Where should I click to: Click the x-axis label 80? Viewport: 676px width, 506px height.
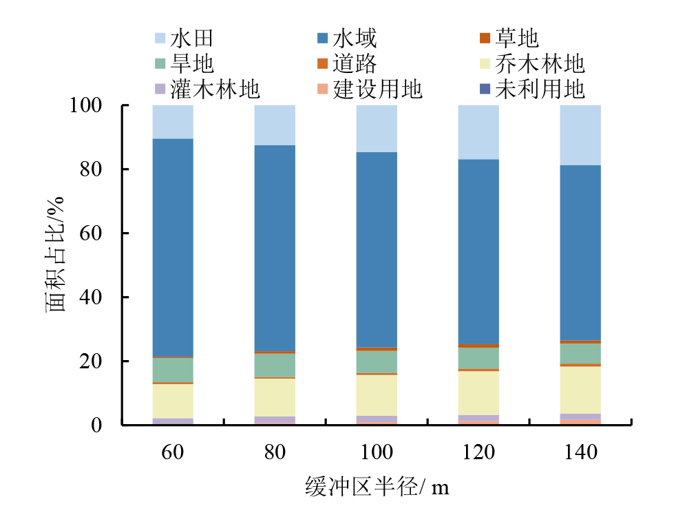pyautogui.click(x=275, y=452)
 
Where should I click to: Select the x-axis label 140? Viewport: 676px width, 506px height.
pyautogui.click(x=580, y=452)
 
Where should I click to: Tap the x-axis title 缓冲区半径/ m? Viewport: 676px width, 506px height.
pyautogui.click(x=377, y=487)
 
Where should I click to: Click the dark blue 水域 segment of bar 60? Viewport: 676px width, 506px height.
pyautogui.click(x=173, y=248)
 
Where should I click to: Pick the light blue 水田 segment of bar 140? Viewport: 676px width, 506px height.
pyautogui.click(x=580, y=135)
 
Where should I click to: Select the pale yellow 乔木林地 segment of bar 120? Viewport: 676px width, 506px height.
pyautogui.click(x=478, y=392)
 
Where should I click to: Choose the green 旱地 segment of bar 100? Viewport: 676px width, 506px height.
pyautogui.click(x=377, y=361)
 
